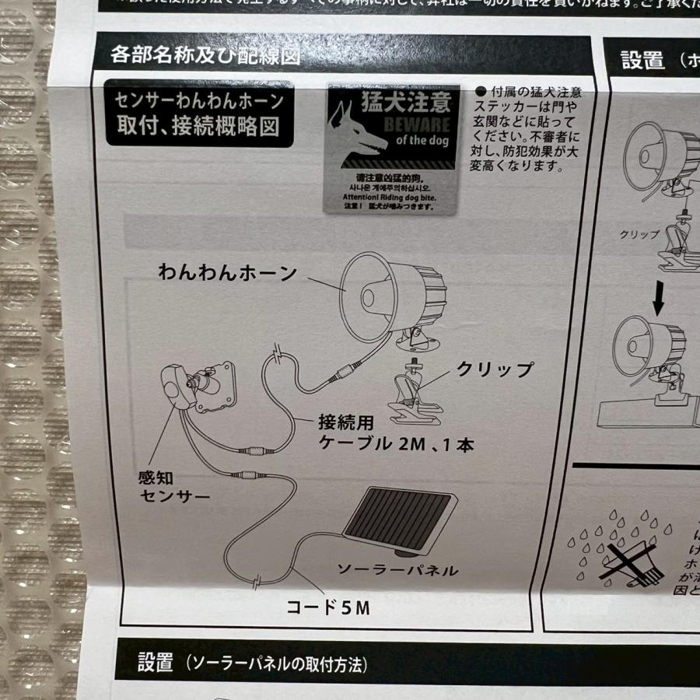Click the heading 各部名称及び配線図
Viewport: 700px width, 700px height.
[205, 56]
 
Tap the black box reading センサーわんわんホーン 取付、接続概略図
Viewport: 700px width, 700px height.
[199, 114]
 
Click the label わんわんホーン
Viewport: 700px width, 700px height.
[227, 273]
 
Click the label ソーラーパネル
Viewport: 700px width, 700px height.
[397, 570]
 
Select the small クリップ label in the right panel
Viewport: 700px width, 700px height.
[639, 234]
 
